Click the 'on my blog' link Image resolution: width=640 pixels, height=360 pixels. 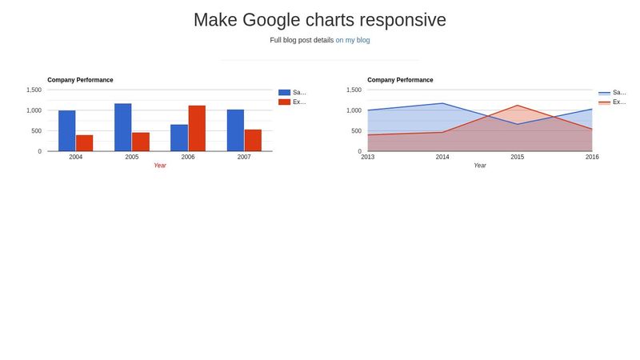click(353, 40)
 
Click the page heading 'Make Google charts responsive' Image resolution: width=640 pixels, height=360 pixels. click(320, 20)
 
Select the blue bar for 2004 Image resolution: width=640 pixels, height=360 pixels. click(67, 130)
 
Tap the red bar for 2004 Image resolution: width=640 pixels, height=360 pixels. click(85, 142)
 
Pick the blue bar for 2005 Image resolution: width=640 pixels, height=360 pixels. click(123, 127)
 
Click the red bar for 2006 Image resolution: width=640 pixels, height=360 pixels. click(197, 128)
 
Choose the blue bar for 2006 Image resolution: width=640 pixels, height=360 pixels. click(179, 138)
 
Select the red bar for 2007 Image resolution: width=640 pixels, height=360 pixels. click(253, 140)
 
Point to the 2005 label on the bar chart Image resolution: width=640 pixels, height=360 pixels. click(132, 157)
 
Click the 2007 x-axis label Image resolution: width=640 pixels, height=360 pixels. click(244, 157)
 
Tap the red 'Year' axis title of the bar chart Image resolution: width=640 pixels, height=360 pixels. click(160, 166)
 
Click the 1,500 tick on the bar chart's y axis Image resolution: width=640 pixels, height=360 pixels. click(34, 90)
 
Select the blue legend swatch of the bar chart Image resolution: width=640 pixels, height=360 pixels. click(284, 93)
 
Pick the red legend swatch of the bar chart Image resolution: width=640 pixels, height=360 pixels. click(284, 102)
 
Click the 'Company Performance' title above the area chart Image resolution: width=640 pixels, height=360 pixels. click(400, 80)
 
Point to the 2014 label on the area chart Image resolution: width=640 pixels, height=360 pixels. click(442, 157)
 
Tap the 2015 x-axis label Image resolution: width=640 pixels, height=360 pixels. click(518, 157)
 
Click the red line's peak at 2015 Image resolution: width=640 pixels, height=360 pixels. click(518, 106)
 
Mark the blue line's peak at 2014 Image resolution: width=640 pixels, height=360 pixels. click(442, 103)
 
